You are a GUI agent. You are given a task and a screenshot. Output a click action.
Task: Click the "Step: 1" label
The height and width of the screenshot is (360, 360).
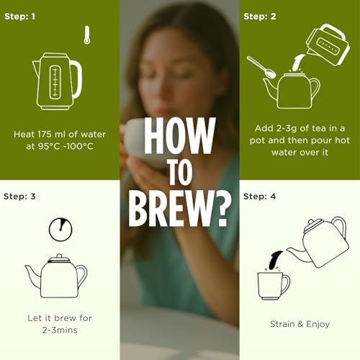(x=19, y=17)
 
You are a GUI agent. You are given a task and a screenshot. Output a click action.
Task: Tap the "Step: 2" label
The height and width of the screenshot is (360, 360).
(x=260, y=17)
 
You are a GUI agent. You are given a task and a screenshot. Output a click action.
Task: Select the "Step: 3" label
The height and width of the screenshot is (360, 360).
(x=19, y=197)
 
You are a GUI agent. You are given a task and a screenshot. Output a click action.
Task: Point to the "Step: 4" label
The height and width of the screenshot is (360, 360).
(x=259, y=197)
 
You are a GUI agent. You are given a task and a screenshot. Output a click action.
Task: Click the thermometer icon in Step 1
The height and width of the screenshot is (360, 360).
(x=87, y=35)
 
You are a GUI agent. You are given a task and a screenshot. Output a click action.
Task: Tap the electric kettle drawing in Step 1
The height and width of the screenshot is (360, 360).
(x=57, y=81)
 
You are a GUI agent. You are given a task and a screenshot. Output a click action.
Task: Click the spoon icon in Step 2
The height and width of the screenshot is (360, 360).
(x=261, y=67)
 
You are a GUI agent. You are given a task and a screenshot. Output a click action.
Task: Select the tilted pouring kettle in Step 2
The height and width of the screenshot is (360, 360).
(x=328, y=45)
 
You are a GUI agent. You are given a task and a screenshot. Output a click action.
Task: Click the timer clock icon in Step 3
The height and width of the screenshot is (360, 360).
(x=60, y=230)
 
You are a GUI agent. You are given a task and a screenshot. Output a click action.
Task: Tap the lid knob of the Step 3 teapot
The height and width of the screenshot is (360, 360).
(x=59, y=256)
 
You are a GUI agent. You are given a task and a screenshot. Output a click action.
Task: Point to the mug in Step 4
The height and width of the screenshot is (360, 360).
(x=274, y=286)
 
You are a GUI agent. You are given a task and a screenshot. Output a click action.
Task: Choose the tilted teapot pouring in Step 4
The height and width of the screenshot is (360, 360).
(x=319, y=243)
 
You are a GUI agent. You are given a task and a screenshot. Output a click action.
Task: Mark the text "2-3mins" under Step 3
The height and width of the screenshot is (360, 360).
(x=60, y=330)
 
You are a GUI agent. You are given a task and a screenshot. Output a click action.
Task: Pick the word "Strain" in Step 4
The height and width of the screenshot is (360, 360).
(x=282, y=324)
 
